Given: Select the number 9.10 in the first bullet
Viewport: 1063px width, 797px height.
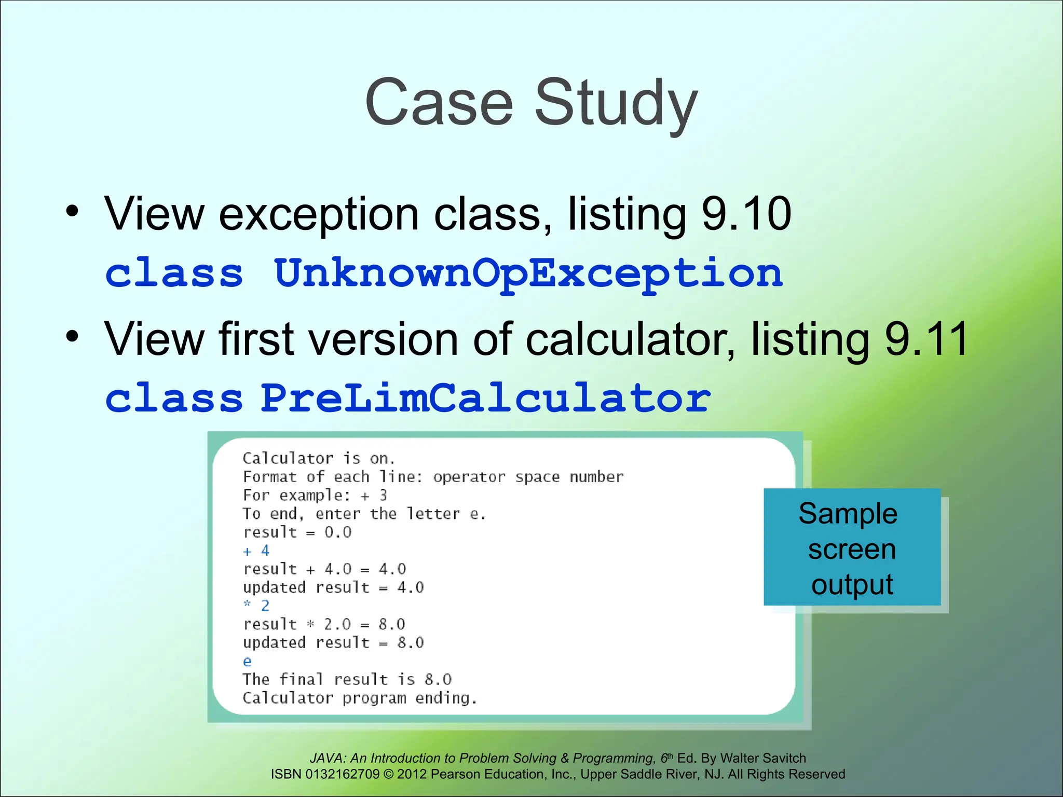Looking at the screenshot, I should [746, 214].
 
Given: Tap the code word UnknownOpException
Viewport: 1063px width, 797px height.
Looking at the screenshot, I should [528, 273].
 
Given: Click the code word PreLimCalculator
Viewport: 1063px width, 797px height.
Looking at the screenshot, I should [485, 398].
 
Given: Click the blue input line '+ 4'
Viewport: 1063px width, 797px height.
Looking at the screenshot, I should [256, 551].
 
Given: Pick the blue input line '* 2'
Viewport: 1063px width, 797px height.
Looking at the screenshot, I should [256, 606].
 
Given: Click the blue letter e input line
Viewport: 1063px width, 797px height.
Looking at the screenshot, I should [247, 662].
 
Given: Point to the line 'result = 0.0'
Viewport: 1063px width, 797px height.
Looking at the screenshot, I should [297, 532].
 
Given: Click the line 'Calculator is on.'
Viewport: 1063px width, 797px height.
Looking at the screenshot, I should [319, 459].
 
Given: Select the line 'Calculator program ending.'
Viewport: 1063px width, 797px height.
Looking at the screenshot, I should [359, 698].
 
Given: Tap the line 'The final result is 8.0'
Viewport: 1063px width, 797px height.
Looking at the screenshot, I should [347, 679].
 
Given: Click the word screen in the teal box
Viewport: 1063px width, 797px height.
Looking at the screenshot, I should [852, 549].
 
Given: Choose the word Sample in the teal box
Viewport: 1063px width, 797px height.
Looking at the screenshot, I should [848, 514].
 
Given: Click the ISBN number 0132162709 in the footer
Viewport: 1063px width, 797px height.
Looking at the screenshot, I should [343, 774].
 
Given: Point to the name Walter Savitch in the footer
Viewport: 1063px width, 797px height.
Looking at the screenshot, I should [763, 758].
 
